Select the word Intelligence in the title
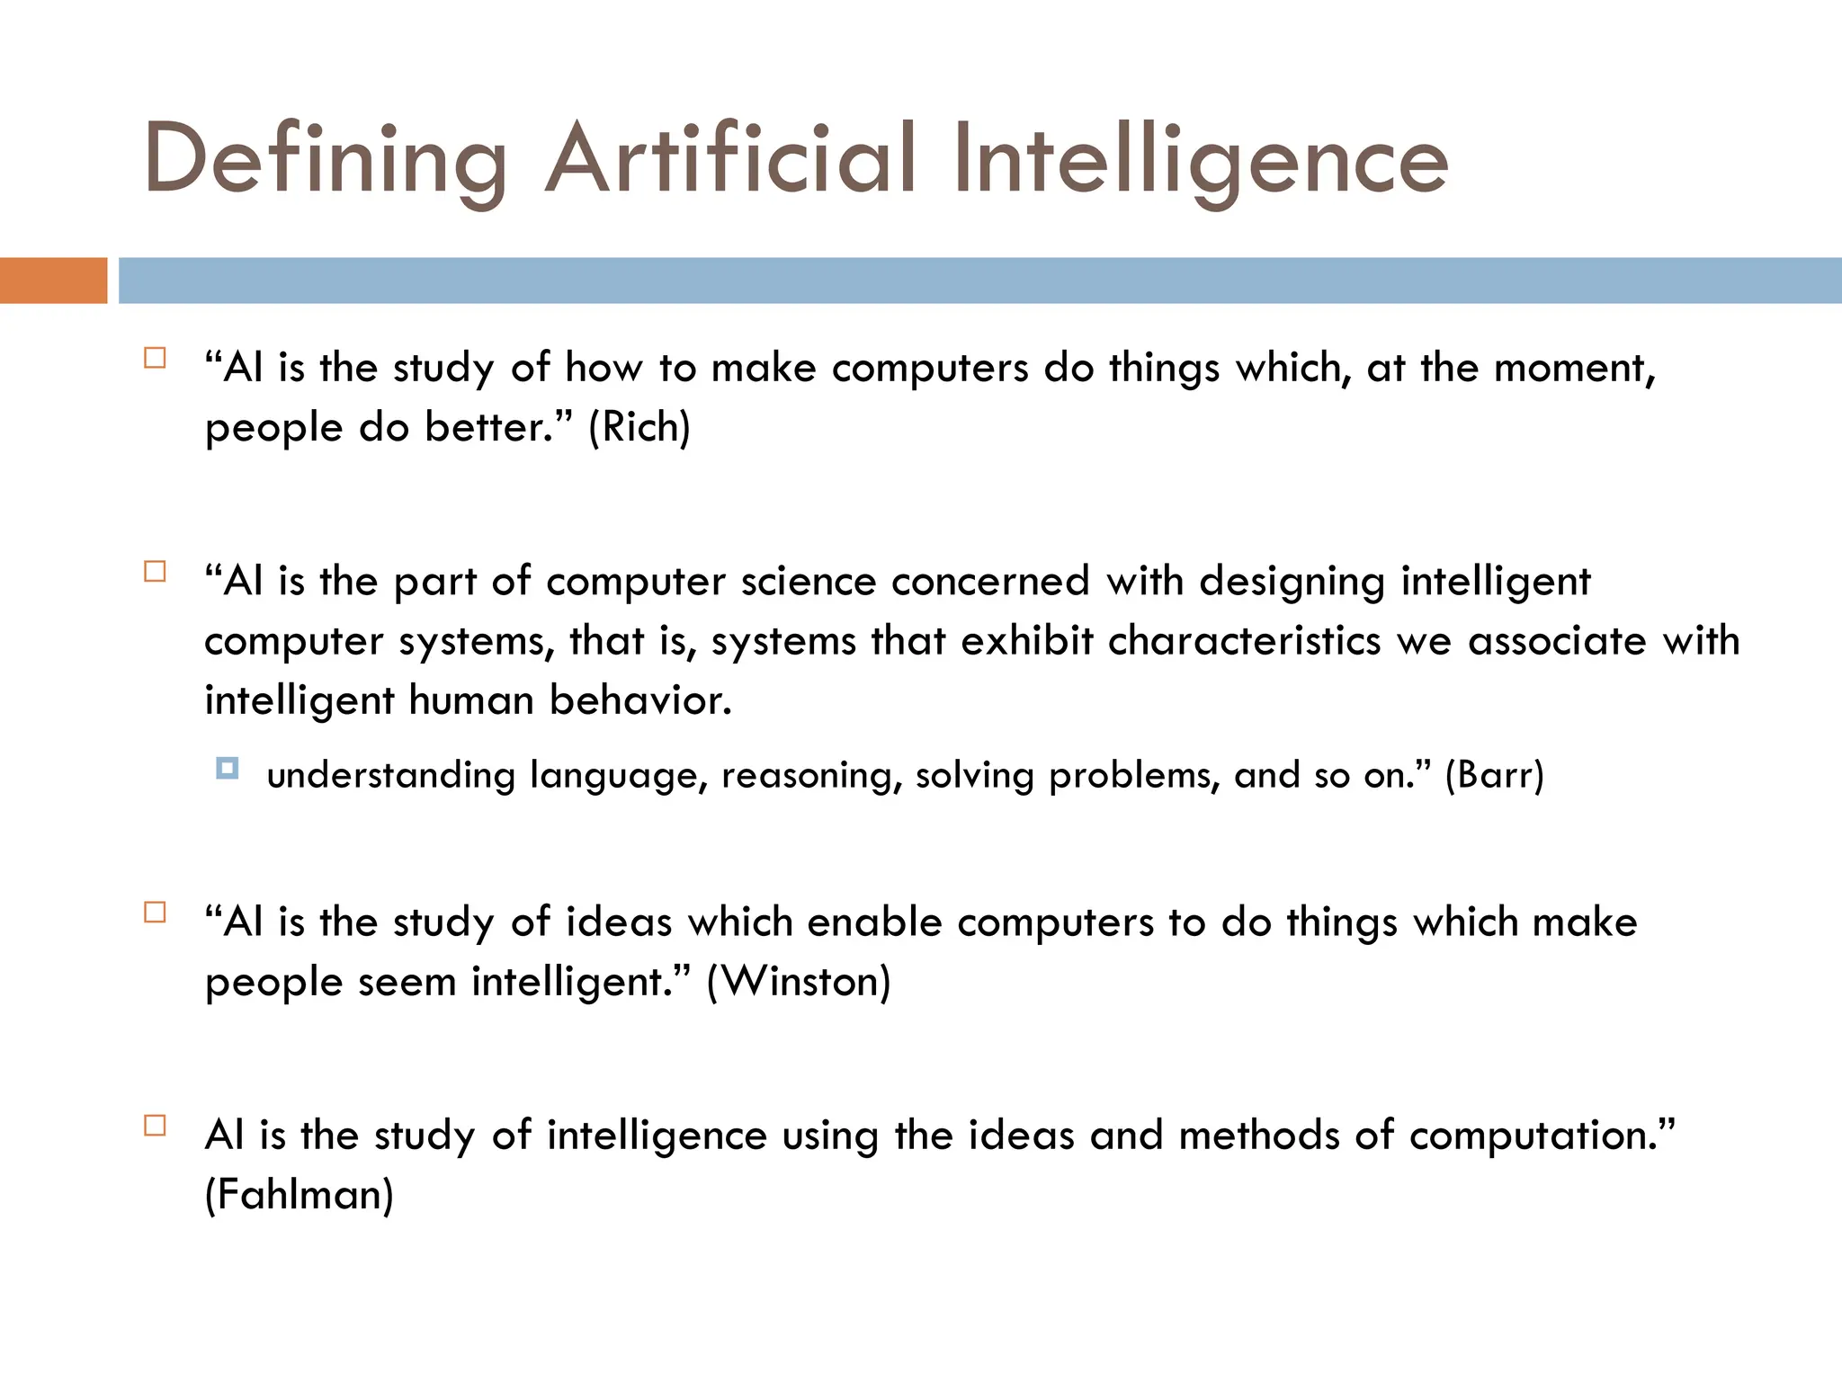(1200, 160)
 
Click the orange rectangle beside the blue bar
(53, 281)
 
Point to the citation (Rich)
(639, 427)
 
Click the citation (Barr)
(1494, 775)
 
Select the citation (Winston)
(799, 981)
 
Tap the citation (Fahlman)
(300, 1195)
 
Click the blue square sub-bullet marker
(228, 769)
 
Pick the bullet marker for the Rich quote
(155, 359)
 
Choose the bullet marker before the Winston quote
(155, 913)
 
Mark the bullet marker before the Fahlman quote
(155, 1126)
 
